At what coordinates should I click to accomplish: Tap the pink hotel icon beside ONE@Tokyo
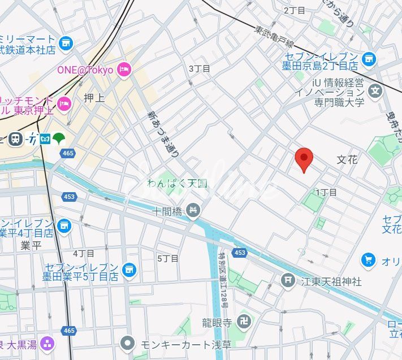tap(124, 70)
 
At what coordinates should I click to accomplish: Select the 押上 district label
tap(94, 98)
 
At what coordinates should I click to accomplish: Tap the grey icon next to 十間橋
tap(193, 211)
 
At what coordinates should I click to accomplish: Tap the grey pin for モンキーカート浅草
tap(129, 342)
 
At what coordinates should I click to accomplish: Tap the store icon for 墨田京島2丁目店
tap(369, 57)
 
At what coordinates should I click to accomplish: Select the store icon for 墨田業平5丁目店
tap(130, 270)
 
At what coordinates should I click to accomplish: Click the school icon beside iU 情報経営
tap(375, 90)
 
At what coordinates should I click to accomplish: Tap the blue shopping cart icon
tap(369, 260)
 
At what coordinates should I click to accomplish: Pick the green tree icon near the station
tap(59, 138)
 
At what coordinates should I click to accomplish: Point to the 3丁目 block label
tap(199, 68)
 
